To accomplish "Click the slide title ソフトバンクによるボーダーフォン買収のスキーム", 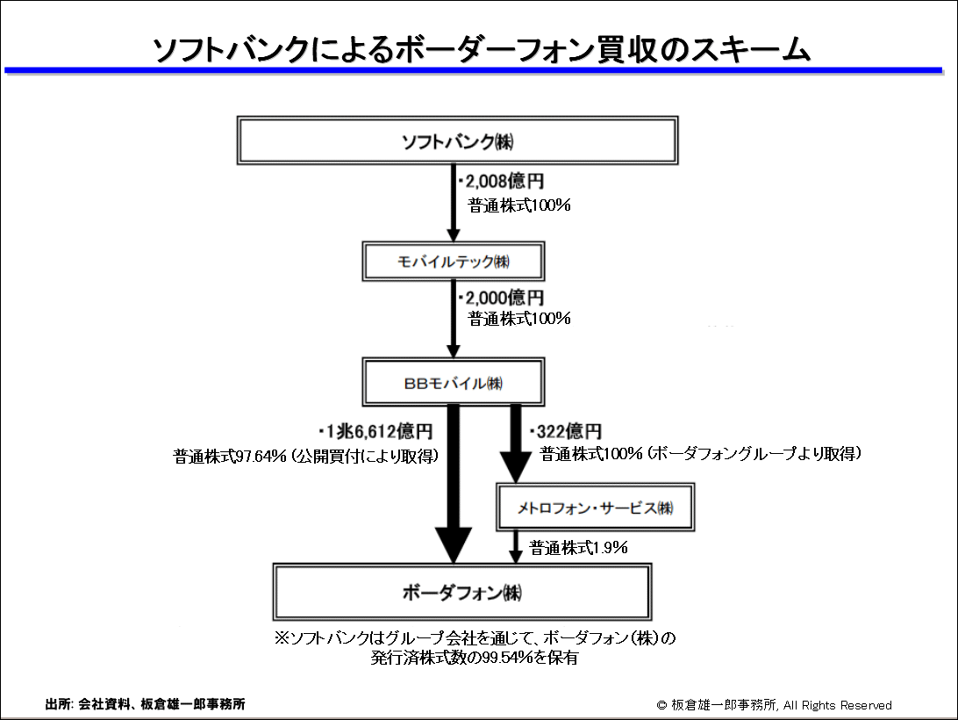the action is pyautogui.click(x=481, y=49).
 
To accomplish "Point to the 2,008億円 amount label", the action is pyautogui.click(x=501, y=181).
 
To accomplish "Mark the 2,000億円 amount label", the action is pyautogui.click(x=501, y=298).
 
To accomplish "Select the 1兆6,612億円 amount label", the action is pyautogui.click(x=375, y=431).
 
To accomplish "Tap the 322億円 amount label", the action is pyautogui.click(x=566, y=431).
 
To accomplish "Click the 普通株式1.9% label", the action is pyautogui.click(x=578, y=548).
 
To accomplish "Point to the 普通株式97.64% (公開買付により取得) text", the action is pyautogui.click(x=305, y=456).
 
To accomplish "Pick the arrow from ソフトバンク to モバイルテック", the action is pyautogui.click(x=454, y=203).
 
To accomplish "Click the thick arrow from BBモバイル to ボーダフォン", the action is pyautogui.click(x=454, y=484).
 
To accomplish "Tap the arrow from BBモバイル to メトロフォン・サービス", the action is pyautogui.click(x=516, y=444).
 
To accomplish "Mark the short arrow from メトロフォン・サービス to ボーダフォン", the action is pyautogui.click(x=516, y=547).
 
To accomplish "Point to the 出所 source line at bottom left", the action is pyautogui.click(x=146, y=704).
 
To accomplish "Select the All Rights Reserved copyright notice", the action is pyautogui.click(x=774, y=705).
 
